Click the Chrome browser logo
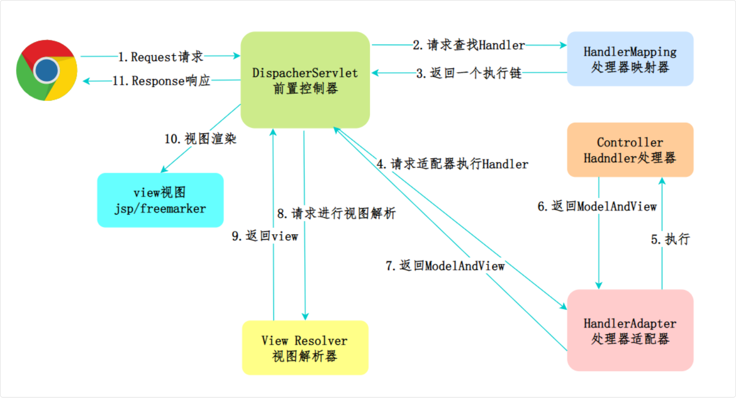47,70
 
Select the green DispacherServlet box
305,80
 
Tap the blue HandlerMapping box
630,59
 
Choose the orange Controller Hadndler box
630,150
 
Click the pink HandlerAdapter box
630,330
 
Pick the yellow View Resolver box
305,348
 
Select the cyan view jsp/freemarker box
160,200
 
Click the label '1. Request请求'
160,57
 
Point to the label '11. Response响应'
161,81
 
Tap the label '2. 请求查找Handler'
469,45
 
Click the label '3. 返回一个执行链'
469,73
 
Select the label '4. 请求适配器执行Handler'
452,164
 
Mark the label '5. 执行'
670,239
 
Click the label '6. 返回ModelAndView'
597,206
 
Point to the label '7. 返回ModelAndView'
445,266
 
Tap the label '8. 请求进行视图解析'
336,214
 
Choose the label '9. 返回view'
265,236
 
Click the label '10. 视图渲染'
200,139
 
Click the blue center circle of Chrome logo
47,70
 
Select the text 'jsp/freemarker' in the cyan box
160,209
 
